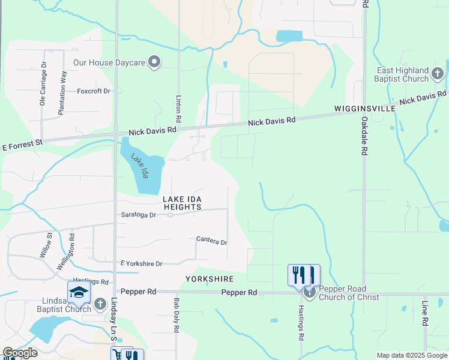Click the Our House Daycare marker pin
(155, 62)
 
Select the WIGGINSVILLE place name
(364, 109)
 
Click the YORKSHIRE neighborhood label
(209, 279)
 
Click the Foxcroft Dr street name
(94, 91)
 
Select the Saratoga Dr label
(138, 214)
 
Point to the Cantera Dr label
(211, 241)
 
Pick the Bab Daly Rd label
(177, 316)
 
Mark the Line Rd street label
(424, 313)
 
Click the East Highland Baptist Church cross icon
(437, 74)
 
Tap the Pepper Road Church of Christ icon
(309, 292)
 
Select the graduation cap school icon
(79, 292)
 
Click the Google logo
(20, 353)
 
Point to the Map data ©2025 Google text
(411, 355)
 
